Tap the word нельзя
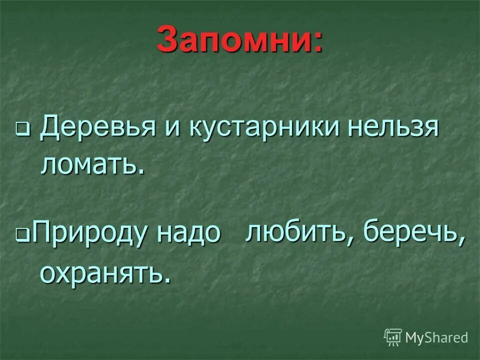390,128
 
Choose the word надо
188,233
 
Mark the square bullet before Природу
22,234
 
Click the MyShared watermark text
436,337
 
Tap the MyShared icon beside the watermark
393,337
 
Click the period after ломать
141,171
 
